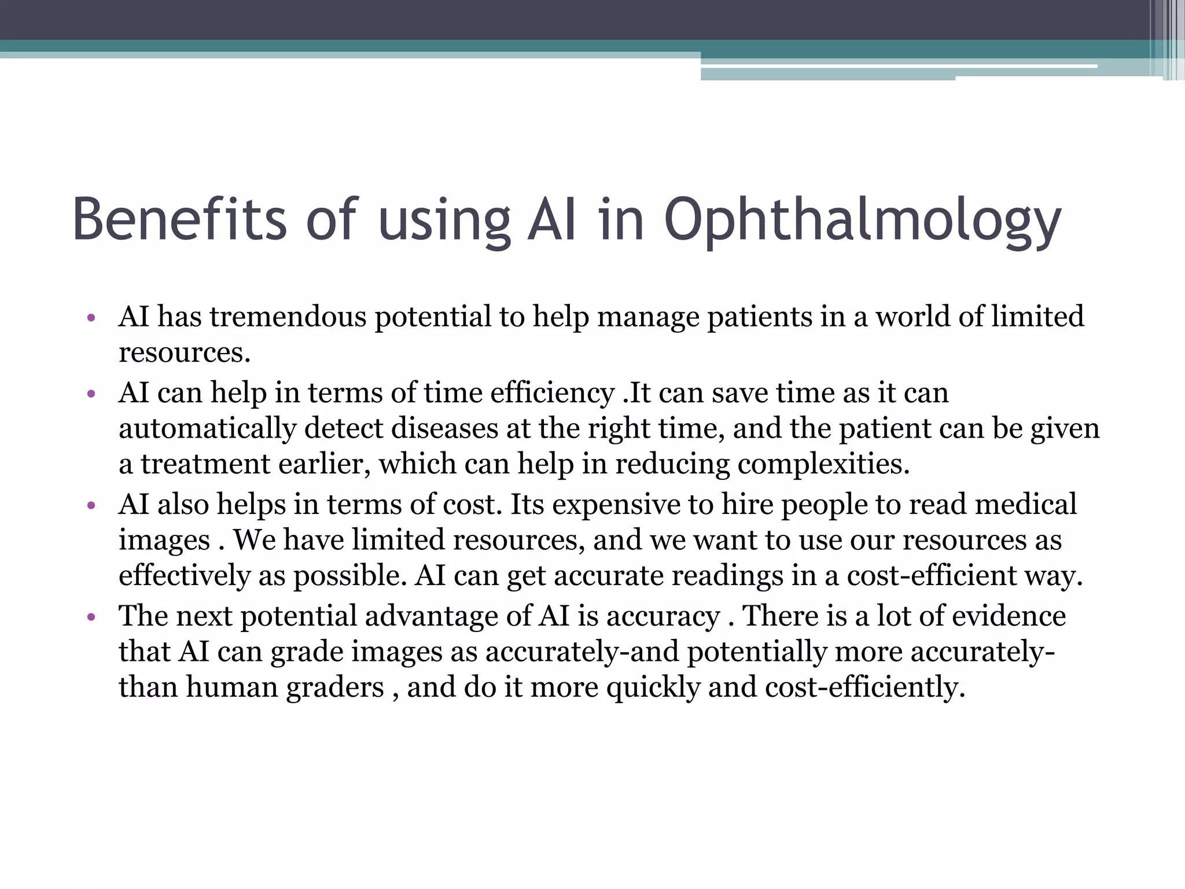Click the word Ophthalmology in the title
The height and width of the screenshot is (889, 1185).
click(x=862, y=221)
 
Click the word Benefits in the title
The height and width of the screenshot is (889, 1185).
click(x=179, y=219)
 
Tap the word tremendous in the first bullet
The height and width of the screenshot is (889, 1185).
click(x=288, y=317)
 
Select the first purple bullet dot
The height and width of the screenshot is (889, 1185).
click(x=90, y=318)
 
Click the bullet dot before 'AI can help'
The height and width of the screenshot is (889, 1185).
click(x=90, y=394)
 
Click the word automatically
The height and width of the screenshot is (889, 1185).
click(x=207, y=429)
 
